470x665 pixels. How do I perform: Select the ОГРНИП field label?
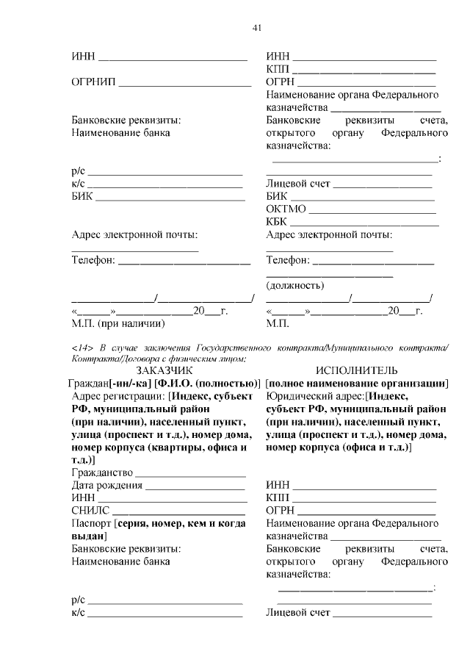point(93,82)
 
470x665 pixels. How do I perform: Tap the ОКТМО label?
point(284,209)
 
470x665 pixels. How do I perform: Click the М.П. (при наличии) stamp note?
point(117,323)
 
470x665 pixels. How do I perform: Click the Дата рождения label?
point(107,486)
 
